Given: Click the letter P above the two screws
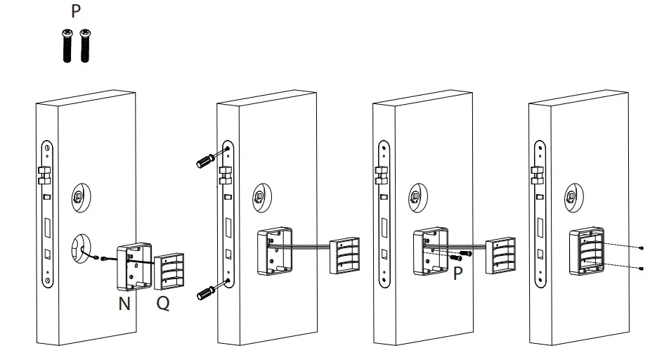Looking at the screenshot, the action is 75,12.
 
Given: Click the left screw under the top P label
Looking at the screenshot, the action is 67,46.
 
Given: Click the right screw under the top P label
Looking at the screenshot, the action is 85,46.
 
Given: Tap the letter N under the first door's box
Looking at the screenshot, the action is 124,304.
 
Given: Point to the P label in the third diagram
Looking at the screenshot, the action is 458,274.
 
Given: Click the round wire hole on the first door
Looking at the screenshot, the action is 79,249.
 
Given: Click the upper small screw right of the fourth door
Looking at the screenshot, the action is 643,248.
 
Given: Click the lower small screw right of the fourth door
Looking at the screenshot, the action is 643,268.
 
